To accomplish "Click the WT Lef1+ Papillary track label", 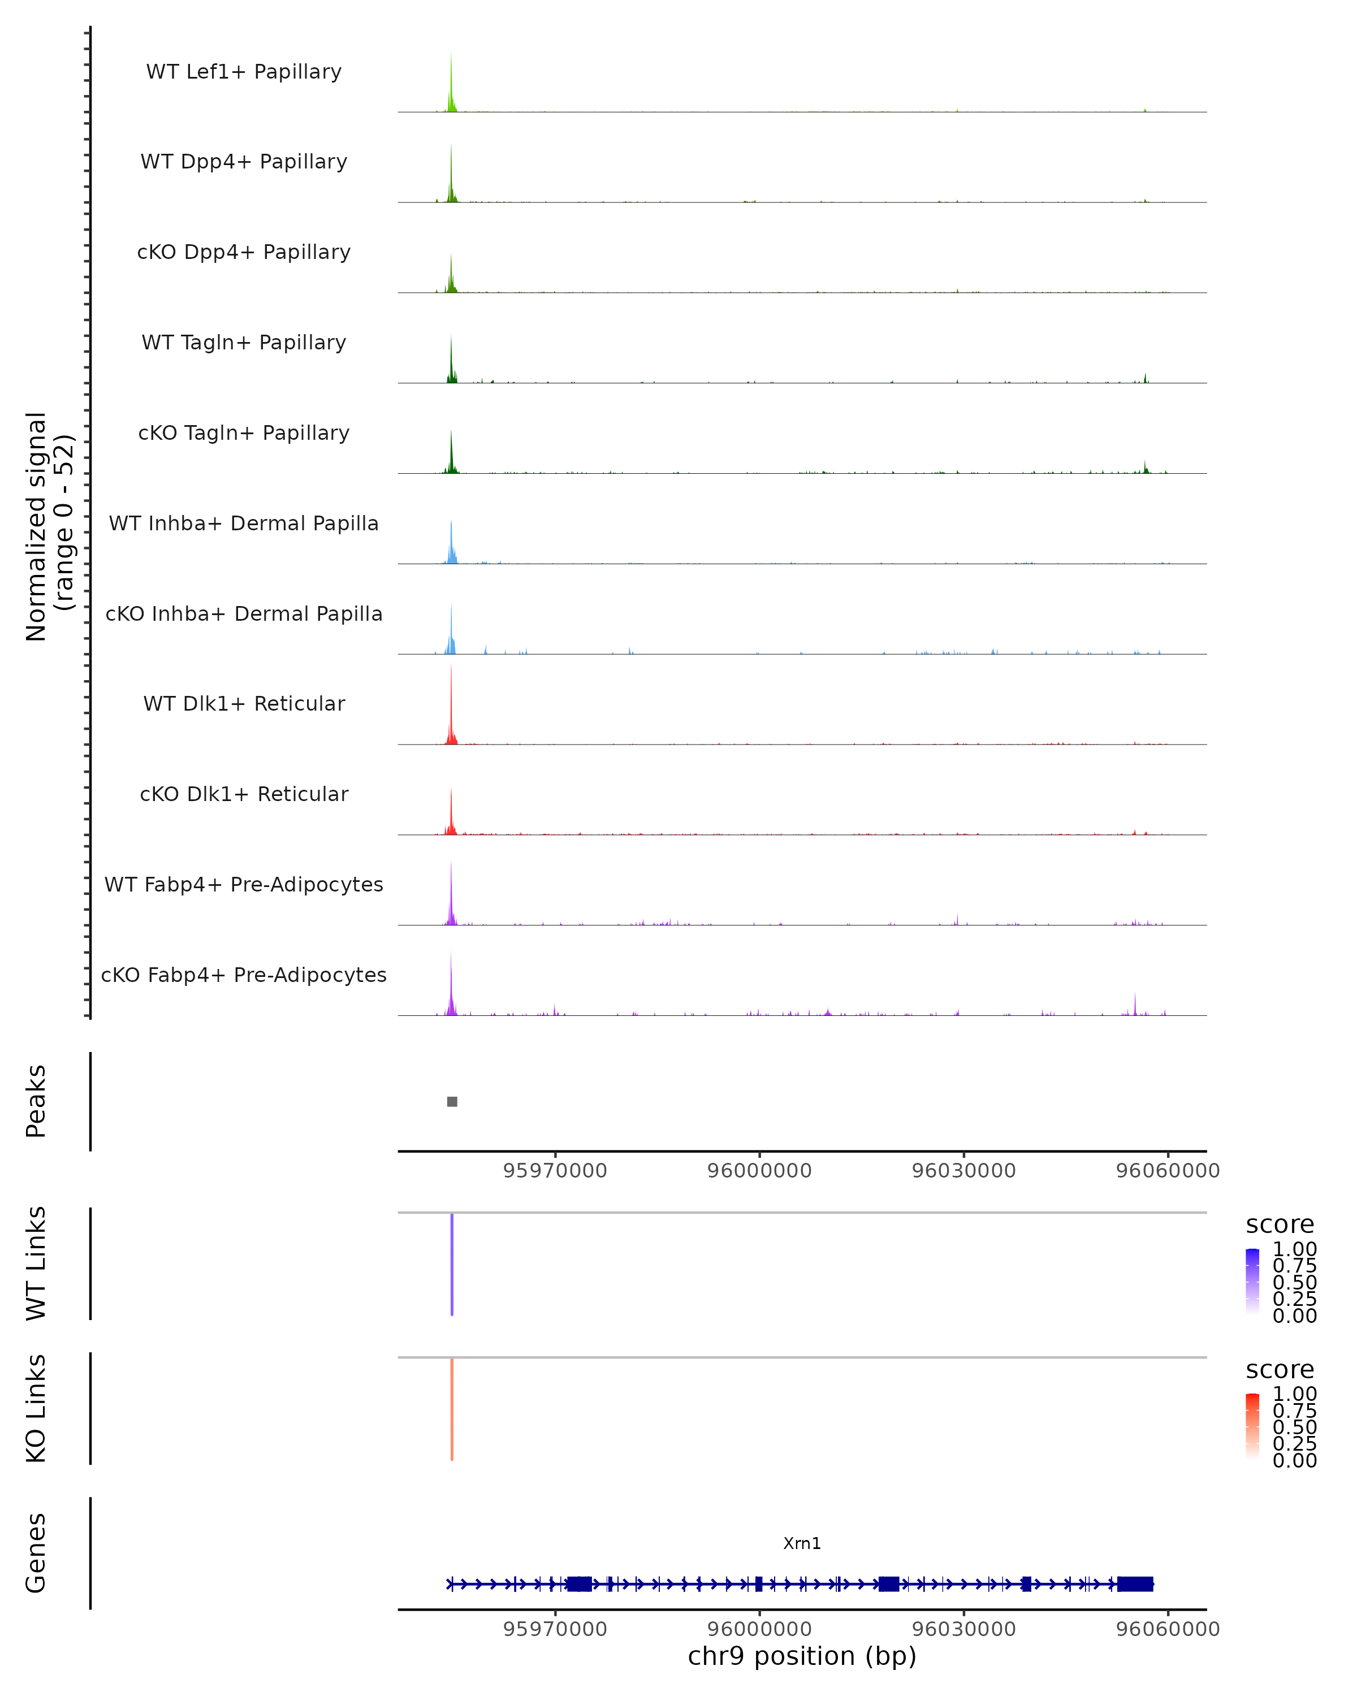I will [244, 72].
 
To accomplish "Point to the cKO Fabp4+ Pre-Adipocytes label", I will [244, 975].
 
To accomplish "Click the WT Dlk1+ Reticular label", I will [244, 703].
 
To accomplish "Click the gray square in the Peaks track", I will [452, 1101].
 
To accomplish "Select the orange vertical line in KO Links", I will [452, 1409].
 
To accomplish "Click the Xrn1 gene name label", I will [802, 1543].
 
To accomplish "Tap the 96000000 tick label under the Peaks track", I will [759, 1171].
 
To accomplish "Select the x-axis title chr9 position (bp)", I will [802, 1656].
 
